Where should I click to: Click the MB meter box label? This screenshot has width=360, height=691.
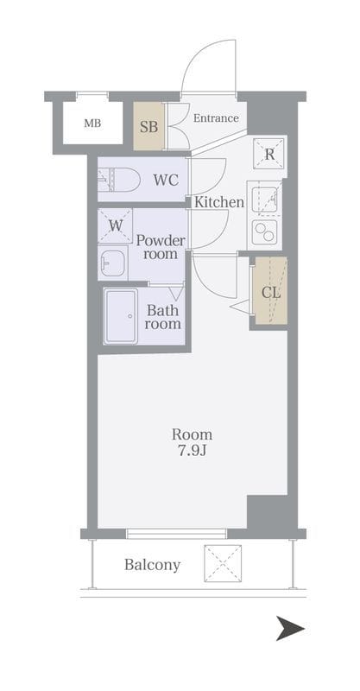coord(92,124)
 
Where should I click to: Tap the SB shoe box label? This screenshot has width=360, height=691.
coord(149,127)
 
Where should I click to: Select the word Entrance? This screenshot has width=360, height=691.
coord(216,118)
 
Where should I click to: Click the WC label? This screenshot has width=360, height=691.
coord(166,180)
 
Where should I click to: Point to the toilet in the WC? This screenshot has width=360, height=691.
coord(118,181)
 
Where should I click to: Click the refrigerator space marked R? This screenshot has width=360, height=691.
coord(269,154)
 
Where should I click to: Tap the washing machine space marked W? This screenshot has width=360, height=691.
coord(115,225)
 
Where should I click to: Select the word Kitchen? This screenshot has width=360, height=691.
coord(219,202)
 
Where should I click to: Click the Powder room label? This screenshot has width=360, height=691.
coord(161,247)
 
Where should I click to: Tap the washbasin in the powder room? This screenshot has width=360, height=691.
coord(113,263)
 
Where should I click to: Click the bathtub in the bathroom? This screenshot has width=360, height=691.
coord(121,316)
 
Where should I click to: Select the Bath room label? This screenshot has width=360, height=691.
coord(163,317)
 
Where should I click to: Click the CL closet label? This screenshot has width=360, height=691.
coord(271,292)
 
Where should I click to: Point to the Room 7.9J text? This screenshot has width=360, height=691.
coord(193,442)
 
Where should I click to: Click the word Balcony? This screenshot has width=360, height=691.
coord(153,565)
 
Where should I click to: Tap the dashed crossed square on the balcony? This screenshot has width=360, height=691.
coord(223,563)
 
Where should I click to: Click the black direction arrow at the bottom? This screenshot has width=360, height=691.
coord(290,628)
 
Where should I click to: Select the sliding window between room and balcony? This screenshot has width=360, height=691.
coord(176,534)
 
